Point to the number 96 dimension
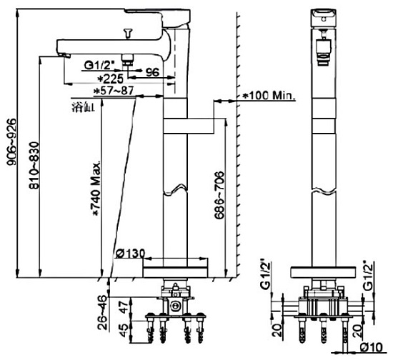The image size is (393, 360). pyautogui.click(x=151, y=71)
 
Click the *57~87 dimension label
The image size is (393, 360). pyautogui.click(x=114, y=91)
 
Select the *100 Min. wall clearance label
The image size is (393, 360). pyautogui.click(x=269, y=95)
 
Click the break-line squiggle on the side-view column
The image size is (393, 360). pyautogui.click(x=176, y=191)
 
